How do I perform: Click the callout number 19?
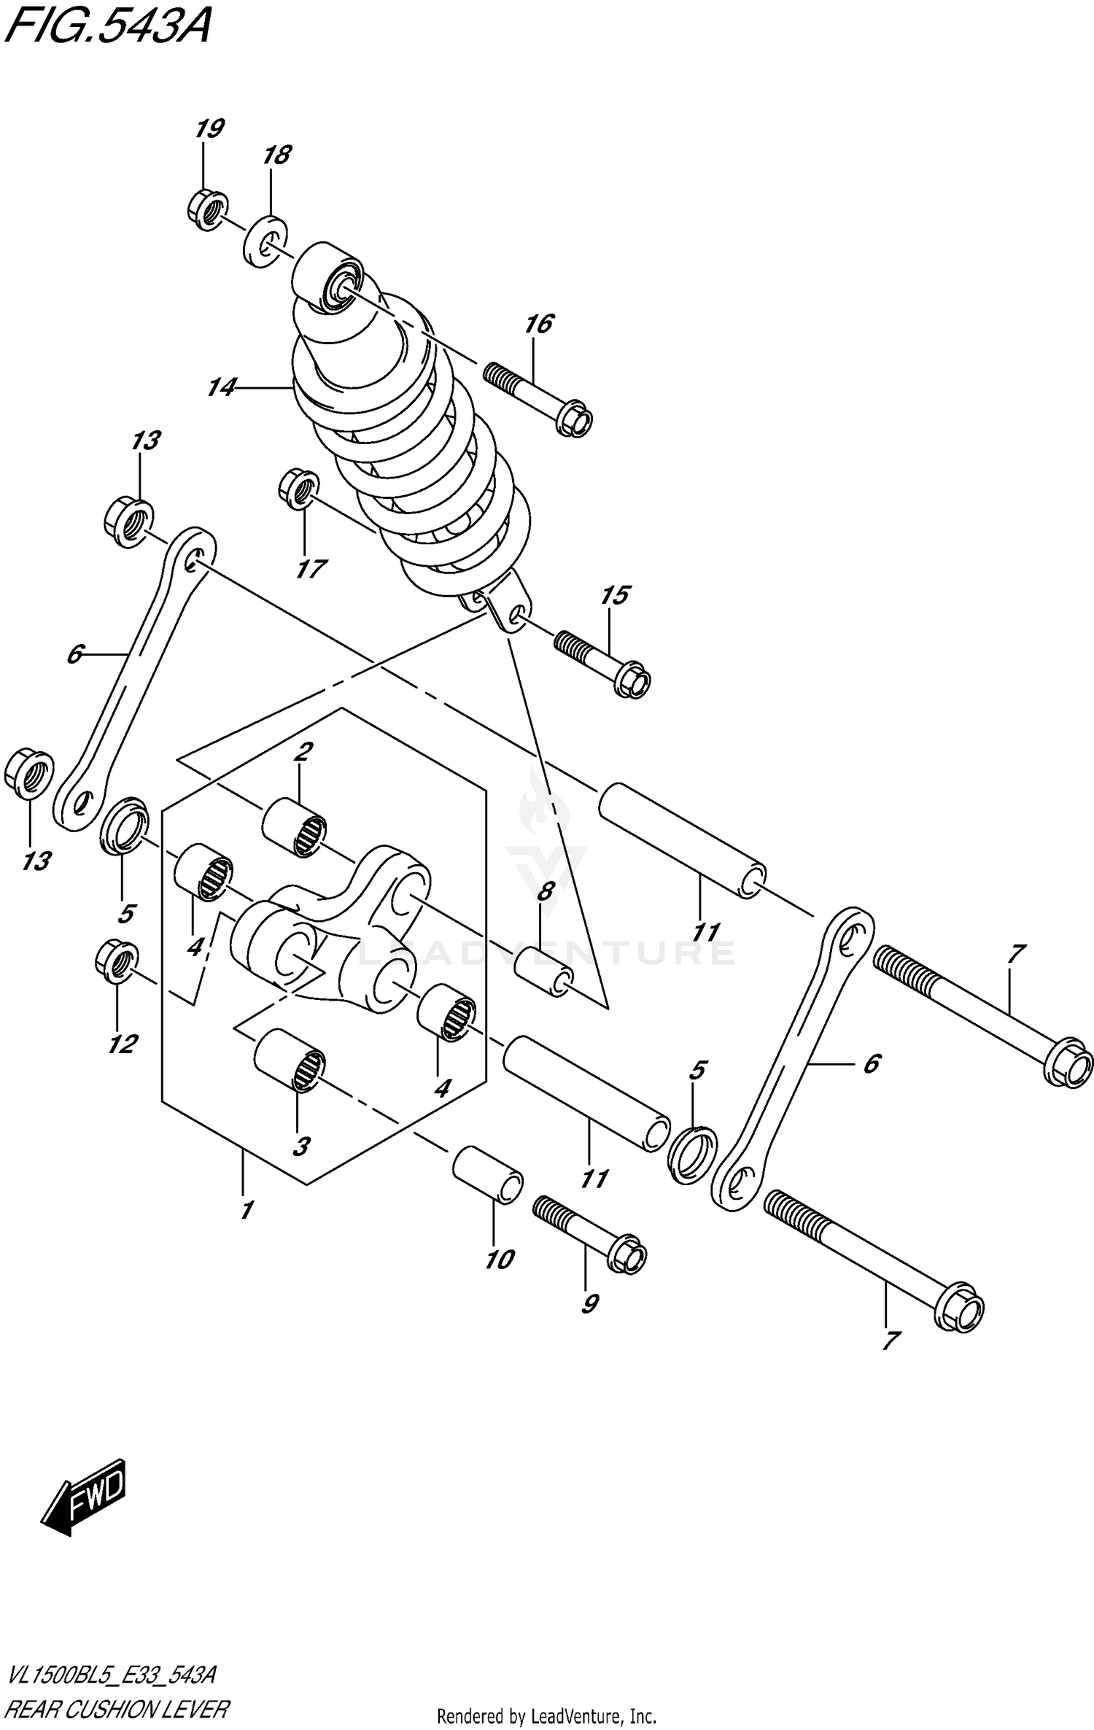click(209, 129)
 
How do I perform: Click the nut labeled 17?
click(298, 489)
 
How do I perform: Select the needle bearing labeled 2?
click(294, 827)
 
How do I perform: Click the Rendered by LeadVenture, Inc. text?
click(546, 1715)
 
